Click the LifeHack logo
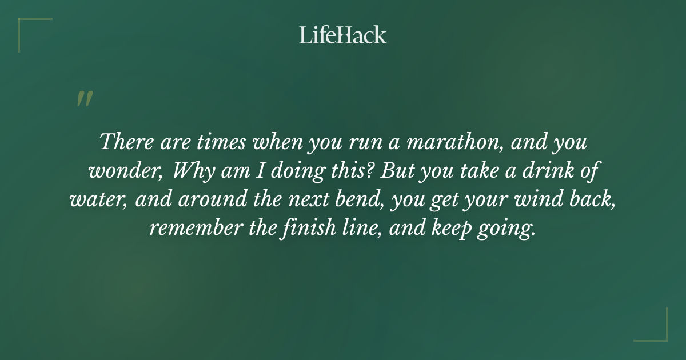(x=343, y=35)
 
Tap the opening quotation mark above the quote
(x=84, y=99)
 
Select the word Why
(x=191, y=171)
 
